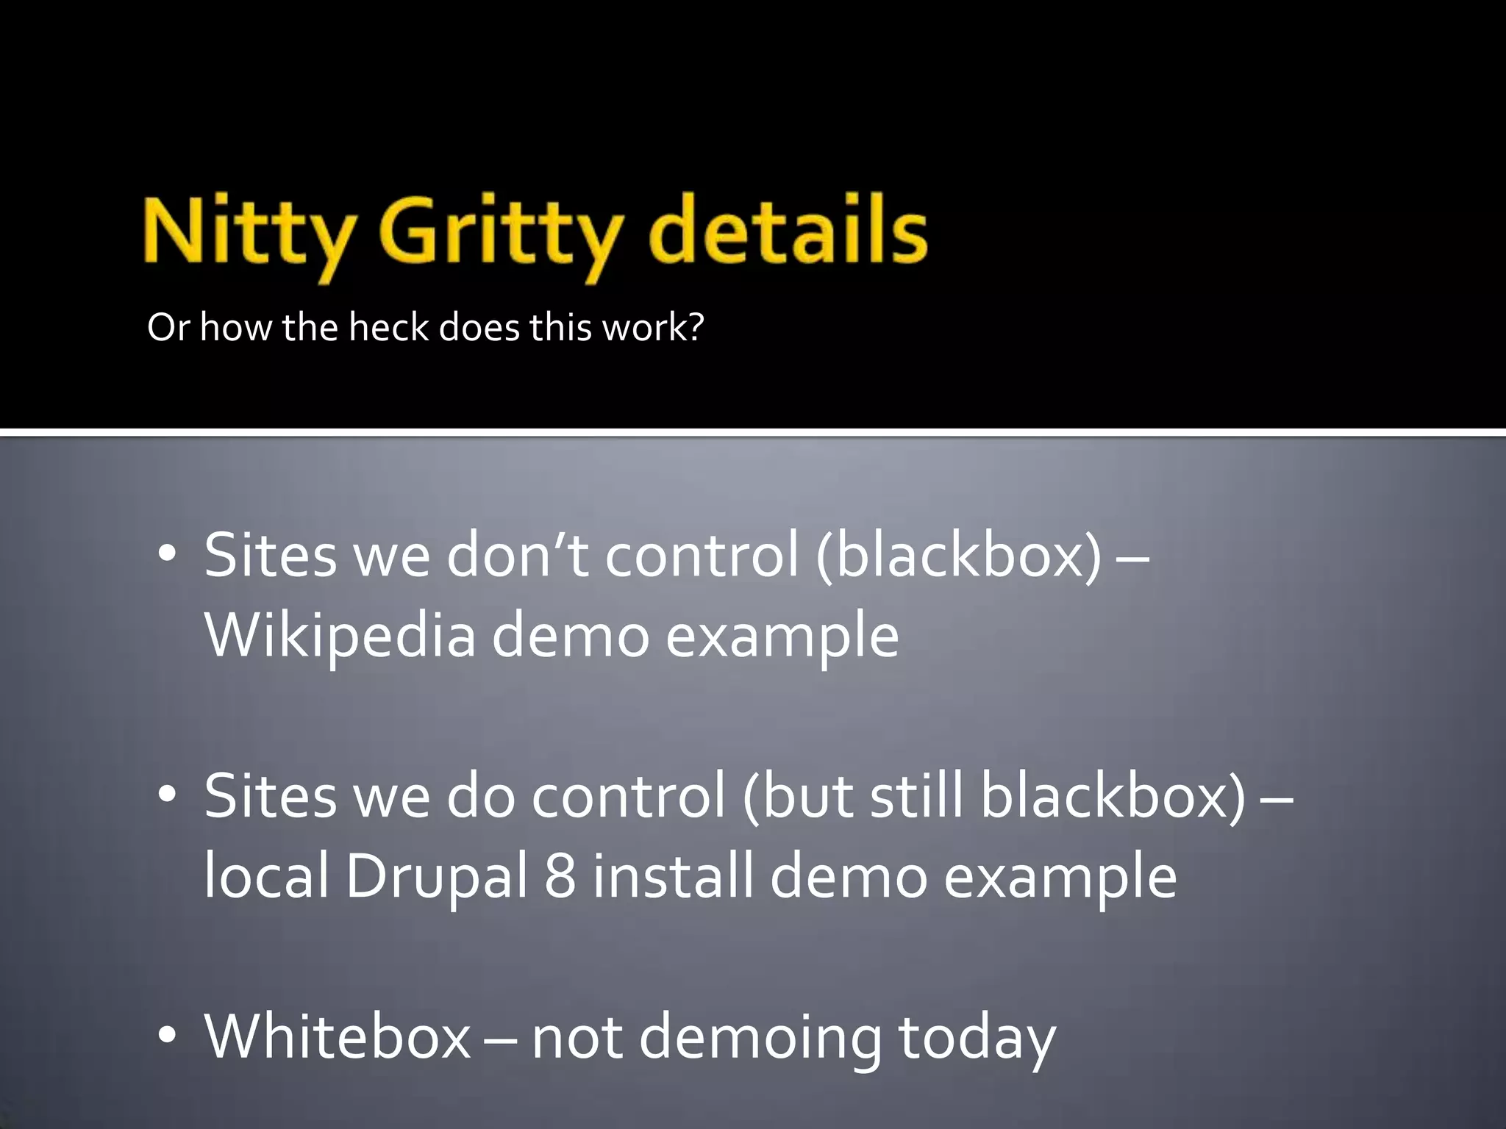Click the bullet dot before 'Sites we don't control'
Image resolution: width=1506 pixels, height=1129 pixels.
[168, 556]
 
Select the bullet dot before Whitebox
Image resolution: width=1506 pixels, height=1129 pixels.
[168, 1036]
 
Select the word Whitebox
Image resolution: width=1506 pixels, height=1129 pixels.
[338, 1036]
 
